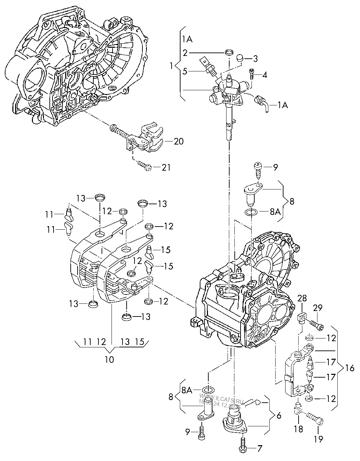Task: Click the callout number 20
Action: pos(178,141)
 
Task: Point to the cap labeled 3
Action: pos(239,59)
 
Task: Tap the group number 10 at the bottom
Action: pos(109,359)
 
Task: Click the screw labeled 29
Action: pos(317,324)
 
